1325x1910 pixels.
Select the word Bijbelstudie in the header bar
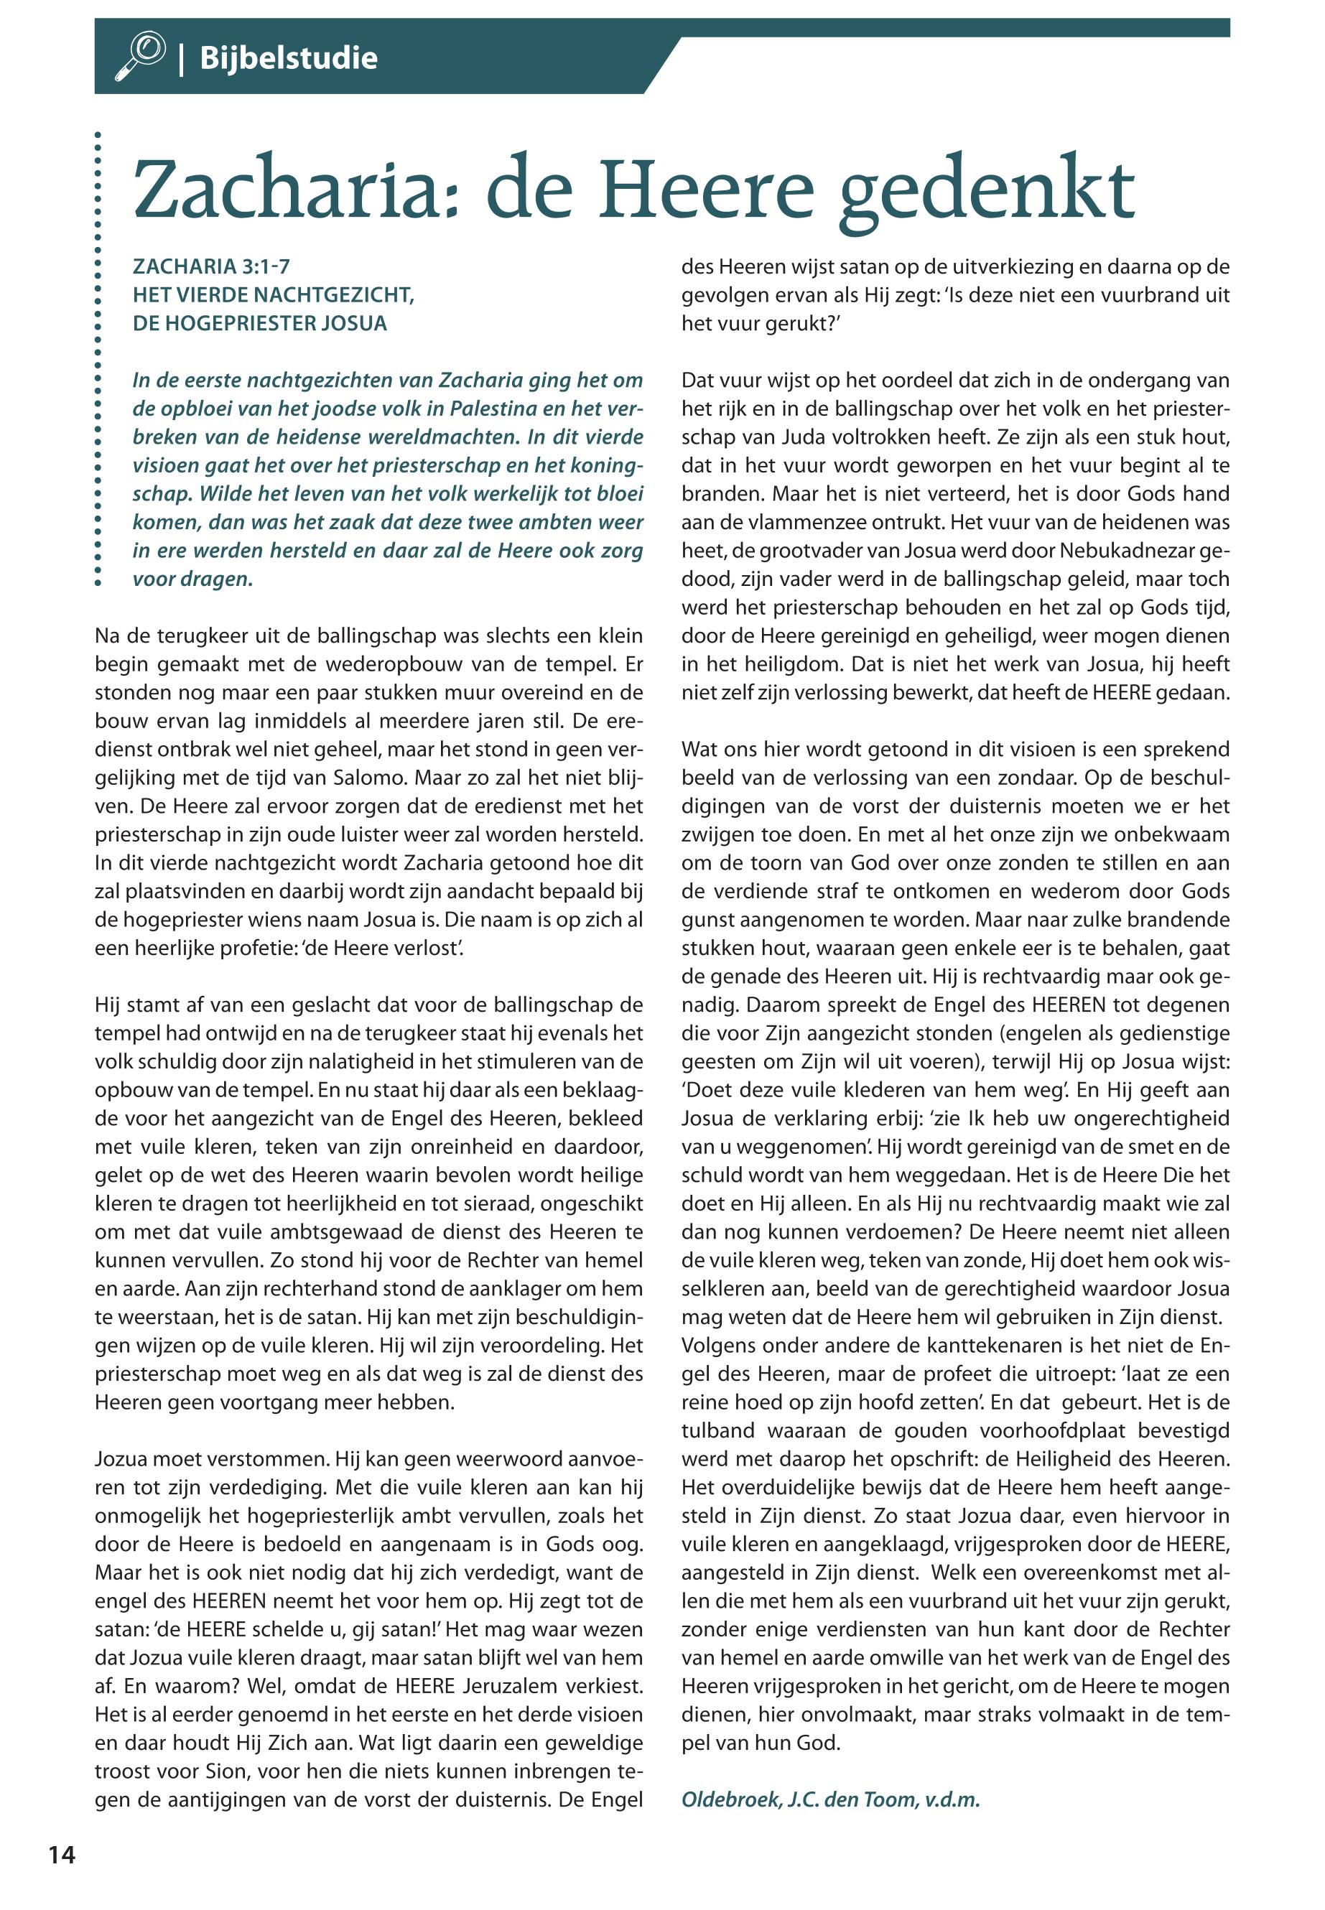(x=288, y=58)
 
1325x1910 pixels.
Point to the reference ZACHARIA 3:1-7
(x=211, y=266)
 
